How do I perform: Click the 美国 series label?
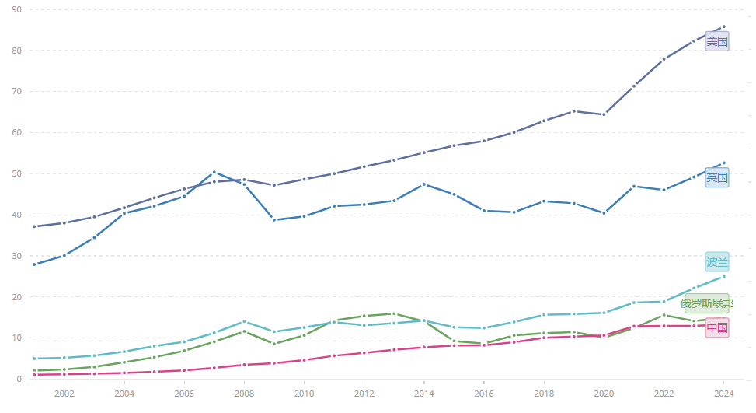click(716, 41)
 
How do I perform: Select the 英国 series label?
click(716, 177)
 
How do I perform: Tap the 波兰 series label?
click(716, 262)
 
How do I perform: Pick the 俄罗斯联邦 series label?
click(706, 303)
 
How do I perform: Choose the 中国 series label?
click(716, 327)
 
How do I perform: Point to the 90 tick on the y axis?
click(16, 9)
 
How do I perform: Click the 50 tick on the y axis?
click(16, 173)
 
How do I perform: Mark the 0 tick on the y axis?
click(19, 379)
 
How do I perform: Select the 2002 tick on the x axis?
click(64, 394)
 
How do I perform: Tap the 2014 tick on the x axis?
click(423, 394)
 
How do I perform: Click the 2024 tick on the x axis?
click(723, 394)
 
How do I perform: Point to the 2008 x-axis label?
click(244, 394)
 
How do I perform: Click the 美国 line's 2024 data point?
click(723, 26)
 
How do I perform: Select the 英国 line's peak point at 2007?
click(214, 172)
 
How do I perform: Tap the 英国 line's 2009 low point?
click(274, 220)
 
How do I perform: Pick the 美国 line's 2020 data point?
click(604, 114)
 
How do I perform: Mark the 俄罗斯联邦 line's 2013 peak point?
click(394, 313)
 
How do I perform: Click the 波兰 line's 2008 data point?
click(244, 321)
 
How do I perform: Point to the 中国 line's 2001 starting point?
click(35, 375)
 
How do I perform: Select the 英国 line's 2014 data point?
click(423, 184)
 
